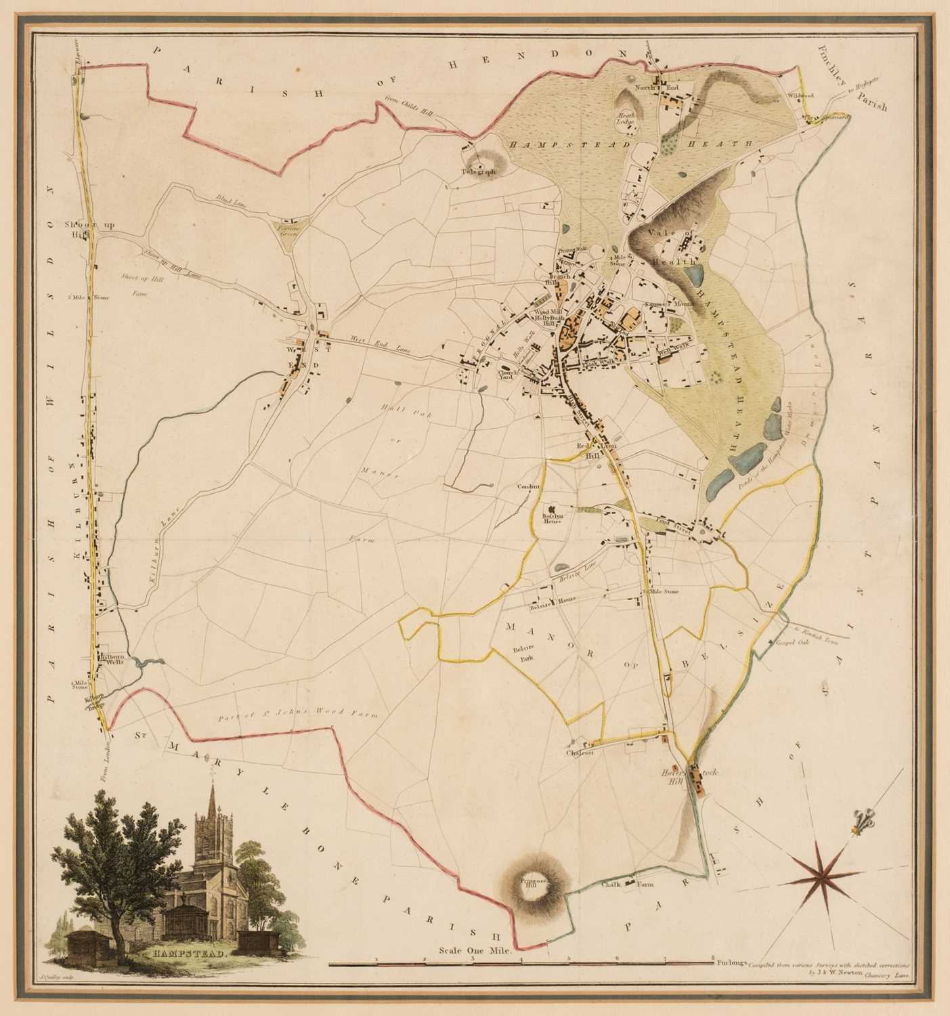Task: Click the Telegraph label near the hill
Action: [x=479, y=173]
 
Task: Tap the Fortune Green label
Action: [x=288, y=230]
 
